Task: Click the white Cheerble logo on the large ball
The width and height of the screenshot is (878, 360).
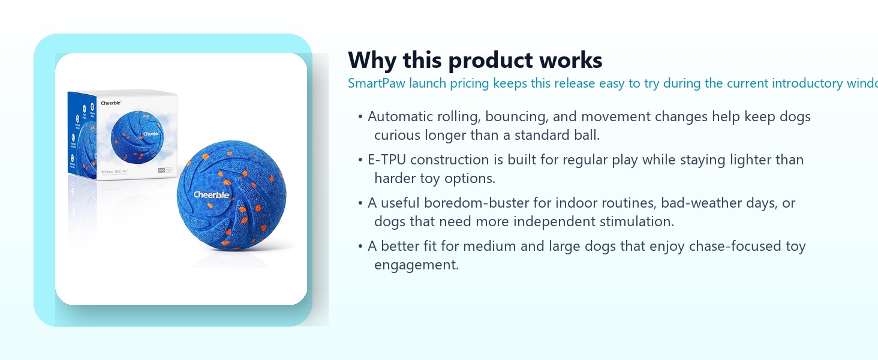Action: point(211,194)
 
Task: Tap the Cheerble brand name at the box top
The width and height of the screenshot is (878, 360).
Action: point(111,103)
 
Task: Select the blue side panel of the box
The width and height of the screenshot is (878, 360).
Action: point(82,135)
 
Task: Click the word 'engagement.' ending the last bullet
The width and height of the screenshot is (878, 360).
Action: point(416,265)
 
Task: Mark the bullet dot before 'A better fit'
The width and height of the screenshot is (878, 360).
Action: point(360,247)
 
